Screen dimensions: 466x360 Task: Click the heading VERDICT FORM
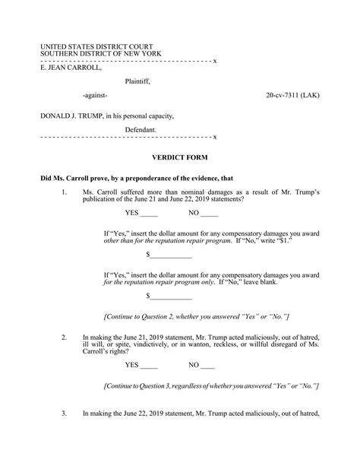[180, 158]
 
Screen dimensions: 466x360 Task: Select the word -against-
[95, 97]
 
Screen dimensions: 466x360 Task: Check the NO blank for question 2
[207, 365]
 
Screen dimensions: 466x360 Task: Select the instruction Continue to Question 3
[210, 386]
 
